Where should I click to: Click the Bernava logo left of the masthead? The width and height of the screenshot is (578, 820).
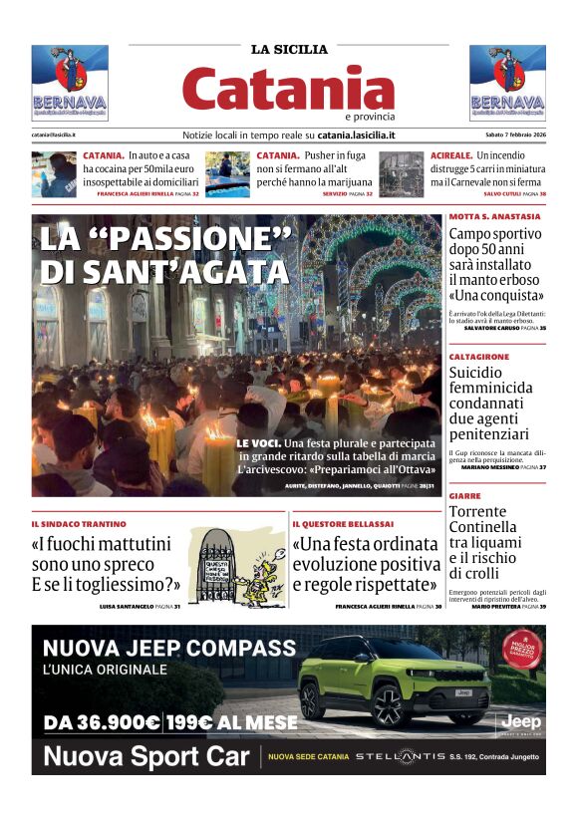click(x=70, y=83)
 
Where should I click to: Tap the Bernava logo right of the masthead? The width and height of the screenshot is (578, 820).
click(x=507, y=83)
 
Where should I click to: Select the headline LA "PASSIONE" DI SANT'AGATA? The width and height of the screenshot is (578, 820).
click(x=164, y=255)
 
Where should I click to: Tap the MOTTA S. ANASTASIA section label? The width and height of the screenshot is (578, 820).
click(x=494, y=216)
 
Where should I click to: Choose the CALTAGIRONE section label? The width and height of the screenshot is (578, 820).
click(x=479, y=356)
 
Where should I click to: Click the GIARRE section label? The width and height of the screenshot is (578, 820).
click(x=464, y=495)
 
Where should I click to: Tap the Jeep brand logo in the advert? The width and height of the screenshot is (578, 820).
click(x=519, y=719)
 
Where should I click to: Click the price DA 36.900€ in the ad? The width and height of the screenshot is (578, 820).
click(x=102, y=722)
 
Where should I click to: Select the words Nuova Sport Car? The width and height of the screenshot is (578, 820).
click(x=146, y=756)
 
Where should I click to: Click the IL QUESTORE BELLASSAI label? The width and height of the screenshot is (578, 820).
click(x=343, y=524)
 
